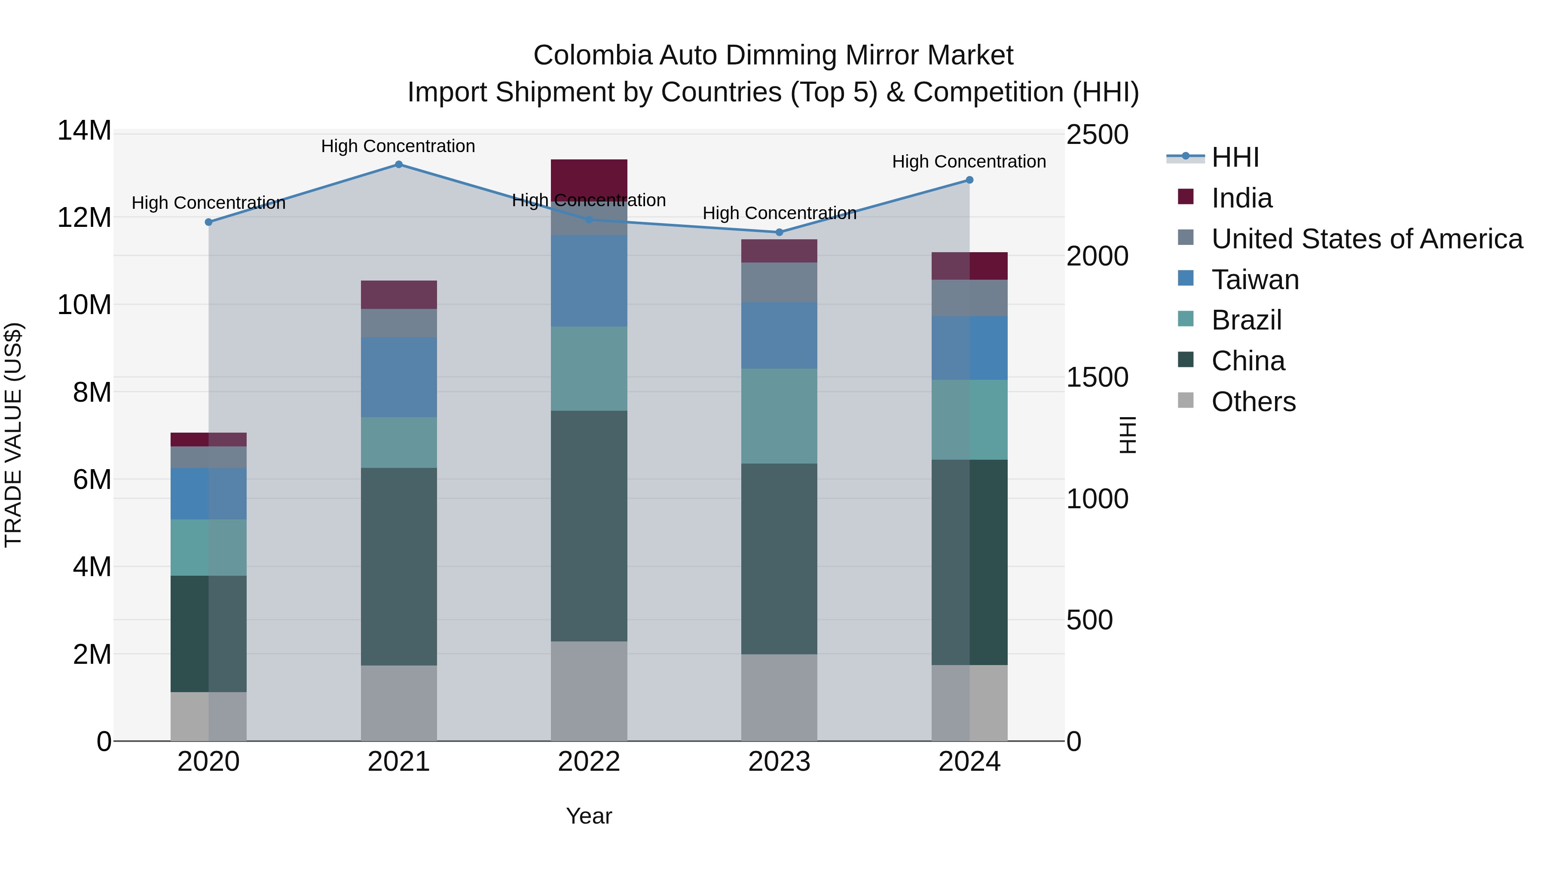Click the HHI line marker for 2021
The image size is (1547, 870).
[398, 165]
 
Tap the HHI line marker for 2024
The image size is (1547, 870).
[969, 180]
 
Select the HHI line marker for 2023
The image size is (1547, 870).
[779, 232]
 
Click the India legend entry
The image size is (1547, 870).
[1241, 198]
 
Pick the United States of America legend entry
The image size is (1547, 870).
[1366, 239]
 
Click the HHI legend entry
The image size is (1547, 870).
[1235, 157]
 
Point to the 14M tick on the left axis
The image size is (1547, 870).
[84, 131]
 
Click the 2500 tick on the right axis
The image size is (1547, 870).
[1097, 134]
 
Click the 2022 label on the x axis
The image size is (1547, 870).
[589, 762]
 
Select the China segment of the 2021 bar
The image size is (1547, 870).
[398, 566]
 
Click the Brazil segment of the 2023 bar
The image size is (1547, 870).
[779, 415]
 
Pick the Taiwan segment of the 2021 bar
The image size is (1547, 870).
[398, 377]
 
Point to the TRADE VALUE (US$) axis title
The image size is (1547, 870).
[14, 435]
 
